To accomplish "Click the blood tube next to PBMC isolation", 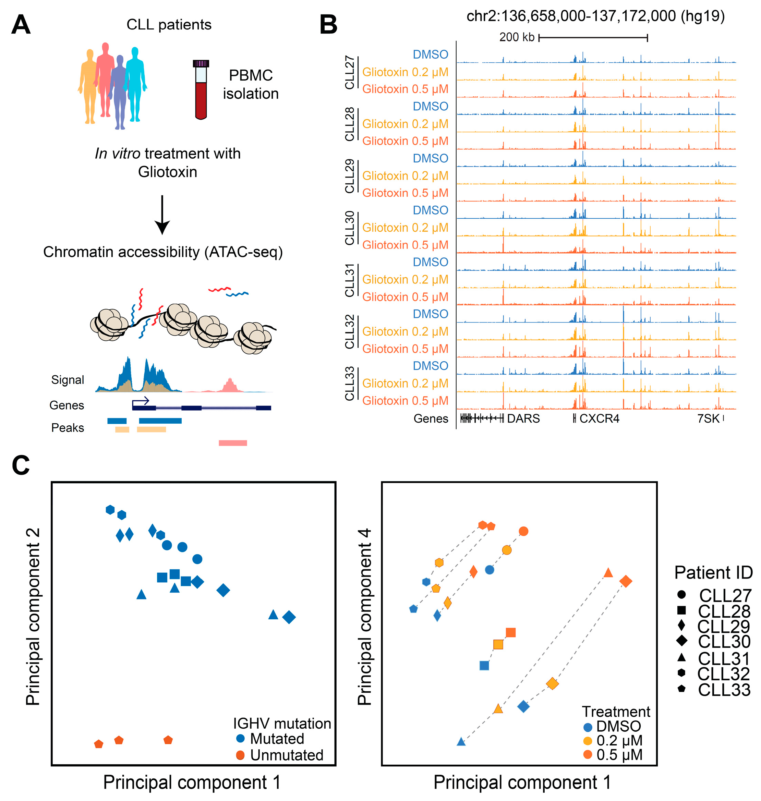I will (201, 90).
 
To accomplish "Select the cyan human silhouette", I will (135, 83).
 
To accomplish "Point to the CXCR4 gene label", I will (599, 418).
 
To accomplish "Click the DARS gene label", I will (523, 418).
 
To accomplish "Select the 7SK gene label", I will (708, 418).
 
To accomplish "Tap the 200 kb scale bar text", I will (517, 37).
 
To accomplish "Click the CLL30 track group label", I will (350, 228).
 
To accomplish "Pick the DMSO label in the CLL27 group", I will (431, 54).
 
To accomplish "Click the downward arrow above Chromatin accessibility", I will (162, 215).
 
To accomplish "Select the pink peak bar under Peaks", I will (233, 443).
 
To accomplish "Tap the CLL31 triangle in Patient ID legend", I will (682, 657).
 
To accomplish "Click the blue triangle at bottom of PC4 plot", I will (461, 742).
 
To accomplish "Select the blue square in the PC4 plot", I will (484, 666).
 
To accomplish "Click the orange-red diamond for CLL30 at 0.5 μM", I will (626, 581).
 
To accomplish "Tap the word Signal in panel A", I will (68, 380).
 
